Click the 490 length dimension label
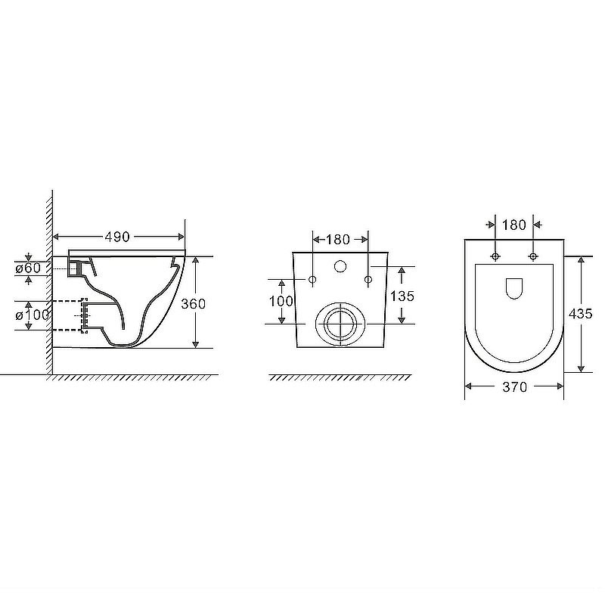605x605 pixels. (117, 237)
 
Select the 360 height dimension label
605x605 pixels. (194, 304)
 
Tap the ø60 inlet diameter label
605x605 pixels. (28, 268)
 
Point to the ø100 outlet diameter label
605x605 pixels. (33, 315)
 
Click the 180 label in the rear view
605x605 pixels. (338, 240)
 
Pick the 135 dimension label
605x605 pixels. (402, 296)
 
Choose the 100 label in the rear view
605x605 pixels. (281, 301)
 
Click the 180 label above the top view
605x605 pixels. (514, 225)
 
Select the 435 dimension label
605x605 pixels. (580, 314)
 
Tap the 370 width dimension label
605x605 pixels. (515, 386)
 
